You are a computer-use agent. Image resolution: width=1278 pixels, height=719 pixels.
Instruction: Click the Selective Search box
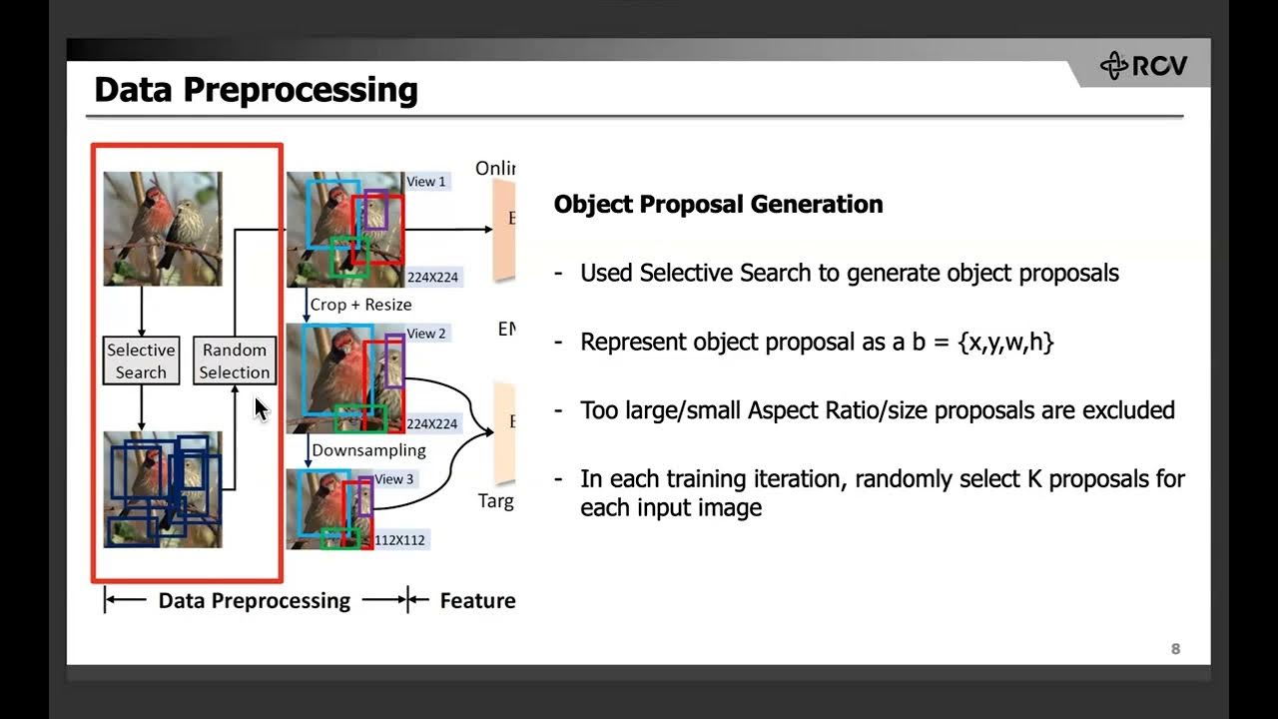141,360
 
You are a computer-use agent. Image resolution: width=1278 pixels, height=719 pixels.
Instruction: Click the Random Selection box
234,360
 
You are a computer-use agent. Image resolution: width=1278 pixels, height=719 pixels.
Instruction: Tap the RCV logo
1144,66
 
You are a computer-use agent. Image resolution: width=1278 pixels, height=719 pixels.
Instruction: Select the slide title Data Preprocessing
256,90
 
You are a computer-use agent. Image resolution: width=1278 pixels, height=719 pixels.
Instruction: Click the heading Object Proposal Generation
718,204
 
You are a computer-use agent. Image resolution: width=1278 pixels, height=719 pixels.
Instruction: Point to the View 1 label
426,182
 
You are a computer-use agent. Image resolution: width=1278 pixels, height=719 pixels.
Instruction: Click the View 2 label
426,334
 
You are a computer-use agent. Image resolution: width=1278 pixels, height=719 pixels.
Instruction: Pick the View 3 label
394,479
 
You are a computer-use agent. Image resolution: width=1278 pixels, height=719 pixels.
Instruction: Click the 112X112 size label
399,540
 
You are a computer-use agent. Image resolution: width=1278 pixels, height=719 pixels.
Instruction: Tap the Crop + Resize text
360,305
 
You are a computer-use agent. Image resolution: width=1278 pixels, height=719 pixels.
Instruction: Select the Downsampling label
368,450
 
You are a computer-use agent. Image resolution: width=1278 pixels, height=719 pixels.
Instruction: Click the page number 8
1175,649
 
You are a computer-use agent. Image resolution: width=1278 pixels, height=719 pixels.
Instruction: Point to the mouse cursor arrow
261,408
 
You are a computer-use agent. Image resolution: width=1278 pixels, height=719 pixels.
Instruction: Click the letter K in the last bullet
1034,478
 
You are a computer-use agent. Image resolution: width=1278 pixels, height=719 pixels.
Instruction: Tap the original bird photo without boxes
163,229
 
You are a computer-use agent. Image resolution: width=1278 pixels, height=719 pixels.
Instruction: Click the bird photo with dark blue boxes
163,489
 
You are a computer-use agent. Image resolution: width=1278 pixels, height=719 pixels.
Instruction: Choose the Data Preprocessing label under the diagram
255,600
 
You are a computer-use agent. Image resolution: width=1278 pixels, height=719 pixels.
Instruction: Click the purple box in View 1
375,210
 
